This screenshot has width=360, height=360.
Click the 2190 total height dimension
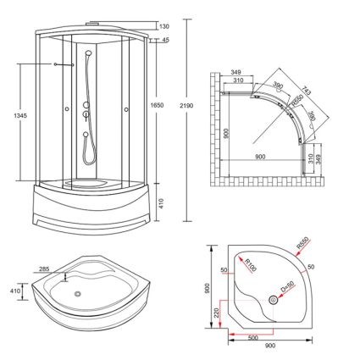click(x=186, y=106)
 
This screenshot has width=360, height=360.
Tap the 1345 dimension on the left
click(x=20, y=115)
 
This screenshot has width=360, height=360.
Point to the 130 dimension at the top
click(x=164, y=26)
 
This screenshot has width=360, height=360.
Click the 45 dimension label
click(x=165, y=40)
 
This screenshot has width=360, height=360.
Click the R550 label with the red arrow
click(x=302, y=243)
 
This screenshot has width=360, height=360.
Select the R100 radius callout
click(x=250, y=265)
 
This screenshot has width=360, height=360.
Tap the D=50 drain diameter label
click(x=287, y=285)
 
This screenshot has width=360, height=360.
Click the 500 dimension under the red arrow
click(x=253, y=338)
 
